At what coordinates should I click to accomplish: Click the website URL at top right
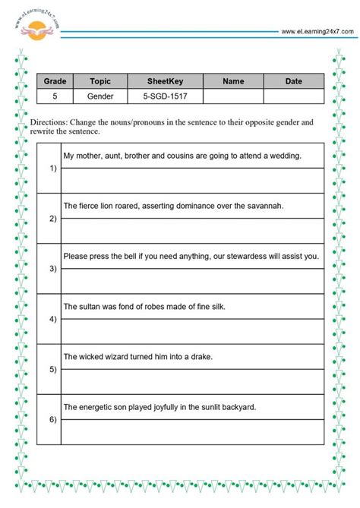coord(317,32)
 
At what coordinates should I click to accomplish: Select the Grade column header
coord(55,80)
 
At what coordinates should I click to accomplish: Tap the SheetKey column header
coord(164,80)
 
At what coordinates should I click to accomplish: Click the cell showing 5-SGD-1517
coord(164,96)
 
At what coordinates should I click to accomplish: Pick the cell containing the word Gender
coord(100,96)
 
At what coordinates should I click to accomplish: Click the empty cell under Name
coord(234,96)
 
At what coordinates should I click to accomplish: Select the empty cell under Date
coord(293,96)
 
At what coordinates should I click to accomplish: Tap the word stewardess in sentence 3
coord(245,256)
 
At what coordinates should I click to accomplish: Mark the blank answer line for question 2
coord(192,230)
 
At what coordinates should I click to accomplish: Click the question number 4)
coord(52,319)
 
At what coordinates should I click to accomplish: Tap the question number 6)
coord(52,419)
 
